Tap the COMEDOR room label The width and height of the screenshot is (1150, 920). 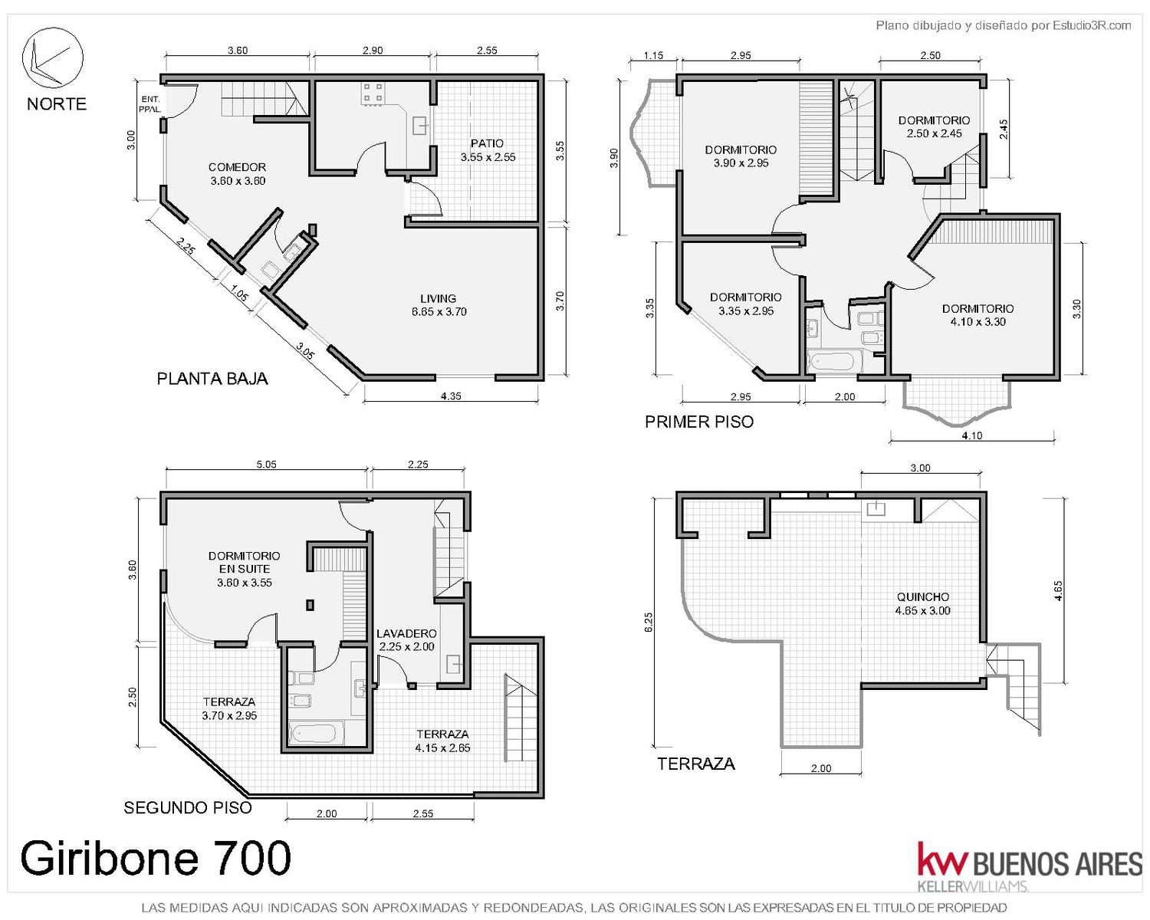(237, 174)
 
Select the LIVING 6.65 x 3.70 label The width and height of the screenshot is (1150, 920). (439, 305)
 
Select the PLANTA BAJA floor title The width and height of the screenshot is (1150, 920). (212, 379)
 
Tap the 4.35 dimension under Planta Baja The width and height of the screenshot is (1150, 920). (451, 396)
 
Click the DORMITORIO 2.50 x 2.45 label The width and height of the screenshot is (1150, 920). (934, 127)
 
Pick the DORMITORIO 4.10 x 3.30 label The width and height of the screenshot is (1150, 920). (978, 315)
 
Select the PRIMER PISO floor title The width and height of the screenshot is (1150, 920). (699, 422)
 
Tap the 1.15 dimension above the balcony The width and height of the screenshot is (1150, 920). (653, 56)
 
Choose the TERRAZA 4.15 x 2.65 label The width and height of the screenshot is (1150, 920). (442, 741)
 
